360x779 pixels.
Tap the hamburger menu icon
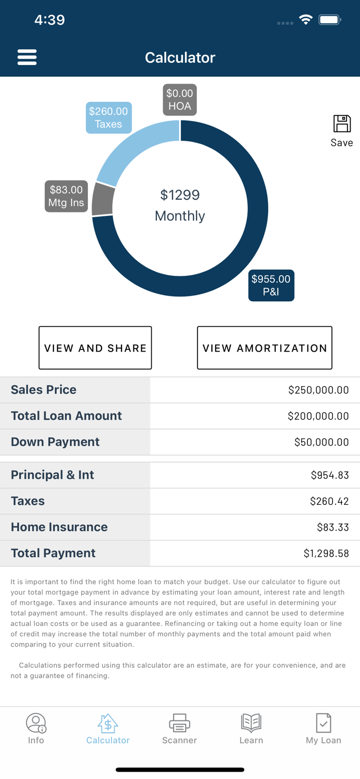[x=27, y=57]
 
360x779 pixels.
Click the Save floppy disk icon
[x=342, y=124]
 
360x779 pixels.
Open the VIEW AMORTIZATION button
[x=264, y=348]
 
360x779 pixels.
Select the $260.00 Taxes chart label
[x=109, y=118]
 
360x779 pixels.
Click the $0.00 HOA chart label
[x=180, y=100]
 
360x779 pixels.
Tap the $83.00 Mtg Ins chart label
[x=66, y=196]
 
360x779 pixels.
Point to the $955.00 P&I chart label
[x=271, y=285]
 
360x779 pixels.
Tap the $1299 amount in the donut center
[x=180, y=195]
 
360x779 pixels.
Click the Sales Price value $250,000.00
[x=318, y=390]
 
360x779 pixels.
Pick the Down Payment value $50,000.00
[x=321, y=442]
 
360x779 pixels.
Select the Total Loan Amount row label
[x=66, y=416]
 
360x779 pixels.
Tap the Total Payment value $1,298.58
[x=326, y=554]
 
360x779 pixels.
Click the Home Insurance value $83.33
[x=332, y=528]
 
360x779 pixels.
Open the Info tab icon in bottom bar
[x=36, y=722]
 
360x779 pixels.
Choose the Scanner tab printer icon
[x=179, y=722]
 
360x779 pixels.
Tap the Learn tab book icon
[x=251, y=722]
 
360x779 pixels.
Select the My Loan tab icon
[x=323, y=722]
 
